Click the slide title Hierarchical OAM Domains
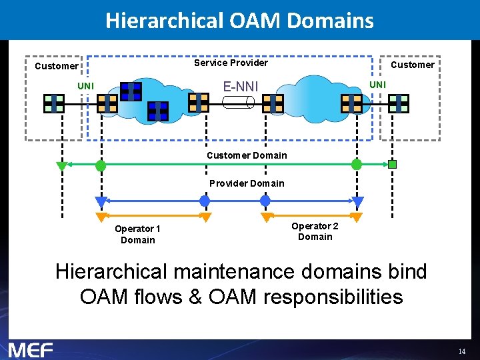click(239, 20)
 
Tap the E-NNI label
click(241, 86)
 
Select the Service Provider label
click(231, 63)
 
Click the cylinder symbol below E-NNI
click(239, 102)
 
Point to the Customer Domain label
click(247, 155)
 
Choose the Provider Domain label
click(247, 183)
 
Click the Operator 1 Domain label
click(137, 234)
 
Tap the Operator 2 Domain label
click(315, 231)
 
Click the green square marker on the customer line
click(393, 164)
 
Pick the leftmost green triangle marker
click(62, 166)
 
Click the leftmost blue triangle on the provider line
click(101, 201)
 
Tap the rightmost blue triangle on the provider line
click(358, 201)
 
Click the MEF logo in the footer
click(31, 349)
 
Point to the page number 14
click(461, 351)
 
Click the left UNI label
click(85, 86)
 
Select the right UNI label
click(377, 85)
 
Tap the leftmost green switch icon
click(54, 103)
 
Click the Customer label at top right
click(412, 65)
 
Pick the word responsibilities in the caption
click(333, 297)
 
